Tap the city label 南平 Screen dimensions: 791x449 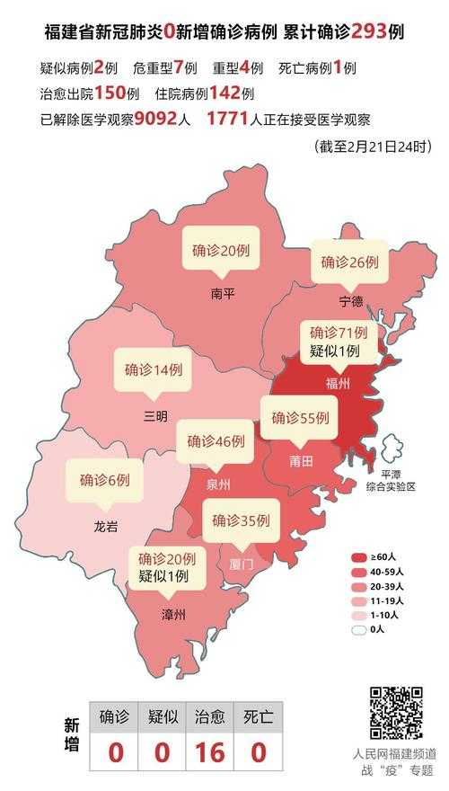pos(224,293)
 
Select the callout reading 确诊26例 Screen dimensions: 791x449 pos(350,263)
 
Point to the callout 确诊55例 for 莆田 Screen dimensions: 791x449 pos(300,418)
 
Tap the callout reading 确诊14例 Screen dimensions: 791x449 pos(154,369)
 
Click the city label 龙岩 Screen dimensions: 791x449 pos(105,526)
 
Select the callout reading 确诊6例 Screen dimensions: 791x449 pos(104,480)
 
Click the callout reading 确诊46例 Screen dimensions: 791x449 pos(216,441)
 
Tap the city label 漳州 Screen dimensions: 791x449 pos(173,615)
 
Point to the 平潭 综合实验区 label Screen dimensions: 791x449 pos(392,479)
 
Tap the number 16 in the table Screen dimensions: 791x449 pos(210,751)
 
